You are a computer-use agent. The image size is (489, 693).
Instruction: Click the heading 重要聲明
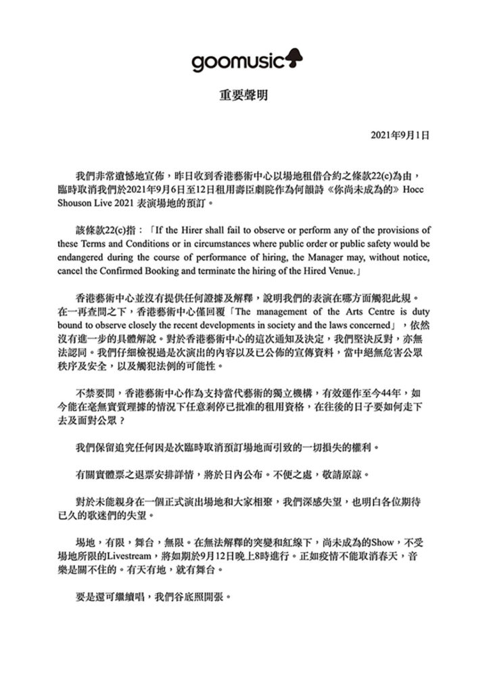click(244, 95)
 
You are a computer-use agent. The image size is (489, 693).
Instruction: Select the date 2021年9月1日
click(400, 135)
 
